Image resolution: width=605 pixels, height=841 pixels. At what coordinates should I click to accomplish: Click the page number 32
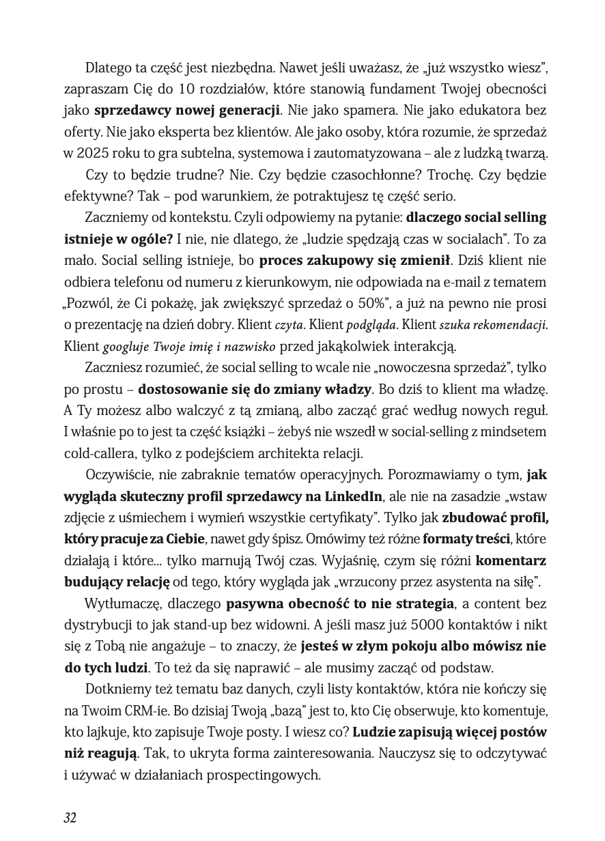click(70, 818)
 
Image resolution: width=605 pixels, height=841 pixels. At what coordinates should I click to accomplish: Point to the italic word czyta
click(285, 324)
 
